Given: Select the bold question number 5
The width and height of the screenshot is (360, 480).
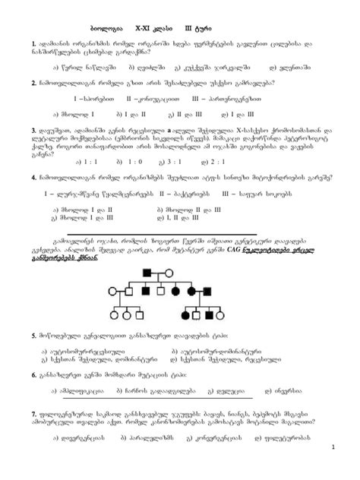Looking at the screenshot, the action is point(34,335).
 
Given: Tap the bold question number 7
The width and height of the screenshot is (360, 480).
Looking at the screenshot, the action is point(34,412).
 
